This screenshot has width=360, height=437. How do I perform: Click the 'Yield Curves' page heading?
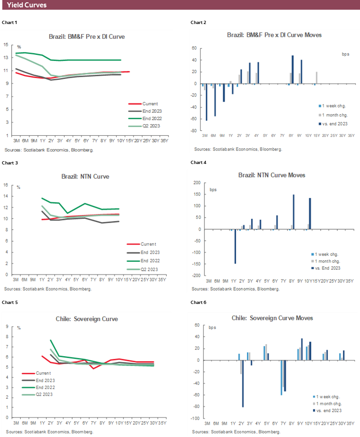(x=27, y=5)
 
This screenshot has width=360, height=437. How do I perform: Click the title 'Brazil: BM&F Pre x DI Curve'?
(x=87, y=36)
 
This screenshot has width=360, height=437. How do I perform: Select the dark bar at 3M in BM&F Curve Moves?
(x=206, y=102)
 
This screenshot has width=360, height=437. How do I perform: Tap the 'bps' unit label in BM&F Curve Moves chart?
(x=346, y=54)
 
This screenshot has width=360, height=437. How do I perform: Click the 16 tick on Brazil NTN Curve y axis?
(x=6, y=185)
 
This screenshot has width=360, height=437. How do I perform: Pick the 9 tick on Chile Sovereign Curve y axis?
(x=6, y=327)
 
